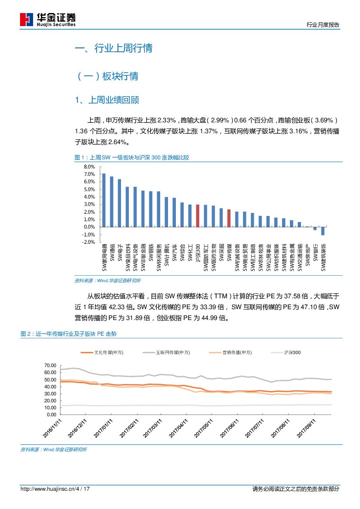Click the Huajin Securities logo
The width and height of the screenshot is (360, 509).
click(x=48, y=19)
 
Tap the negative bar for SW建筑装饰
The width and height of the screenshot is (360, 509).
click(x=323, y=231)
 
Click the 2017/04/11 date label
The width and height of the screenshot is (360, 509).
click(x=178, y=428)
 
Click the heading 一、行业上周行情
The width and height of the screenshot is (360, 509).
click(x=114, y=48)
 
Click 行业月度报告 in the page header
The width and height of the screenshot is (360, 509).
click(x=323, y=25)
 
